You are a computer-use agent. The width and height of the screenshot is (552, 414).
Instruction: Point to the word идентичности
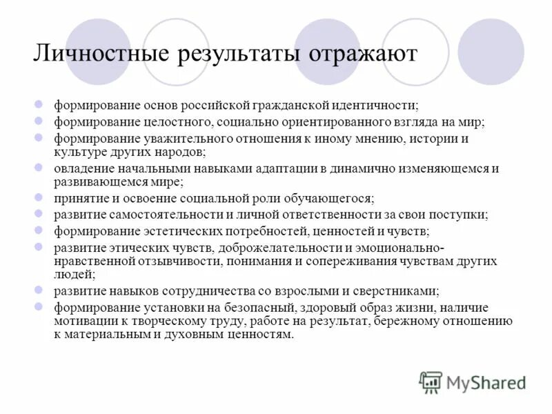click(375, 106)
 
